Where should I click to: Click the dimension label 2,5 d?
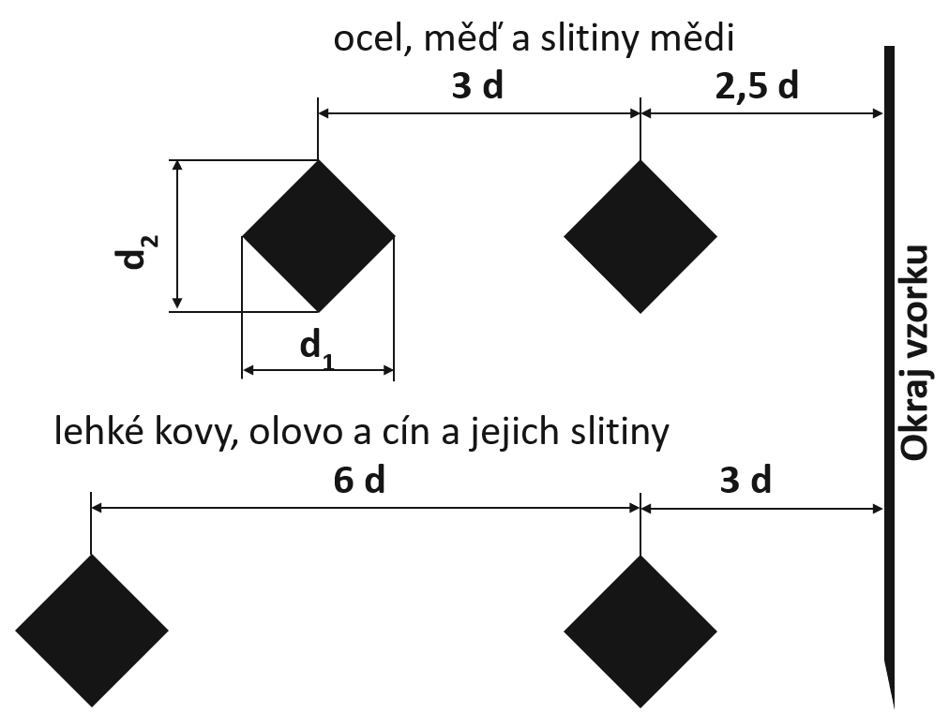point(757,87)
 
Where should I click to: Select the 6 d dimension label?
point(359,482)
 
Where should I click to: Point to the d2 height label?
point(137,251)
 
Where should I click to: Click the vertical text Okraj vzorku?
point(913,352)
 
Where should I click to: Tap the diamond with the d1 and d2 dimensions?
point(318,236)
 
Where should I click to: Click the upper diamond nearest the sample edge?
point(640,236)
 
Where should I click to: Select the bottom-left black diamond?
point(91,631)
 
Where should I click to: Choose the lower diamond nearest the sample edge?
point(640,631)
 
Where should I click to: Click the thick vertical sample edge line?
point(889,375)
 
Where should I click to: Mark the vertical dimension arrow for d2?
point(176,236)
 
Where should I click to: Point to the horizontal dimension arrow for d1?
point(318,370)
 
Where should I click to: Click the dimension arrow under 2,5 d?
point(761,113)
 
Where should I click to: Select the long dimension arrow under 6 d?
point(366,509)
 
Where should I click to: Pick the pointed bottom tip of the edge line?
point(894,707)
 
